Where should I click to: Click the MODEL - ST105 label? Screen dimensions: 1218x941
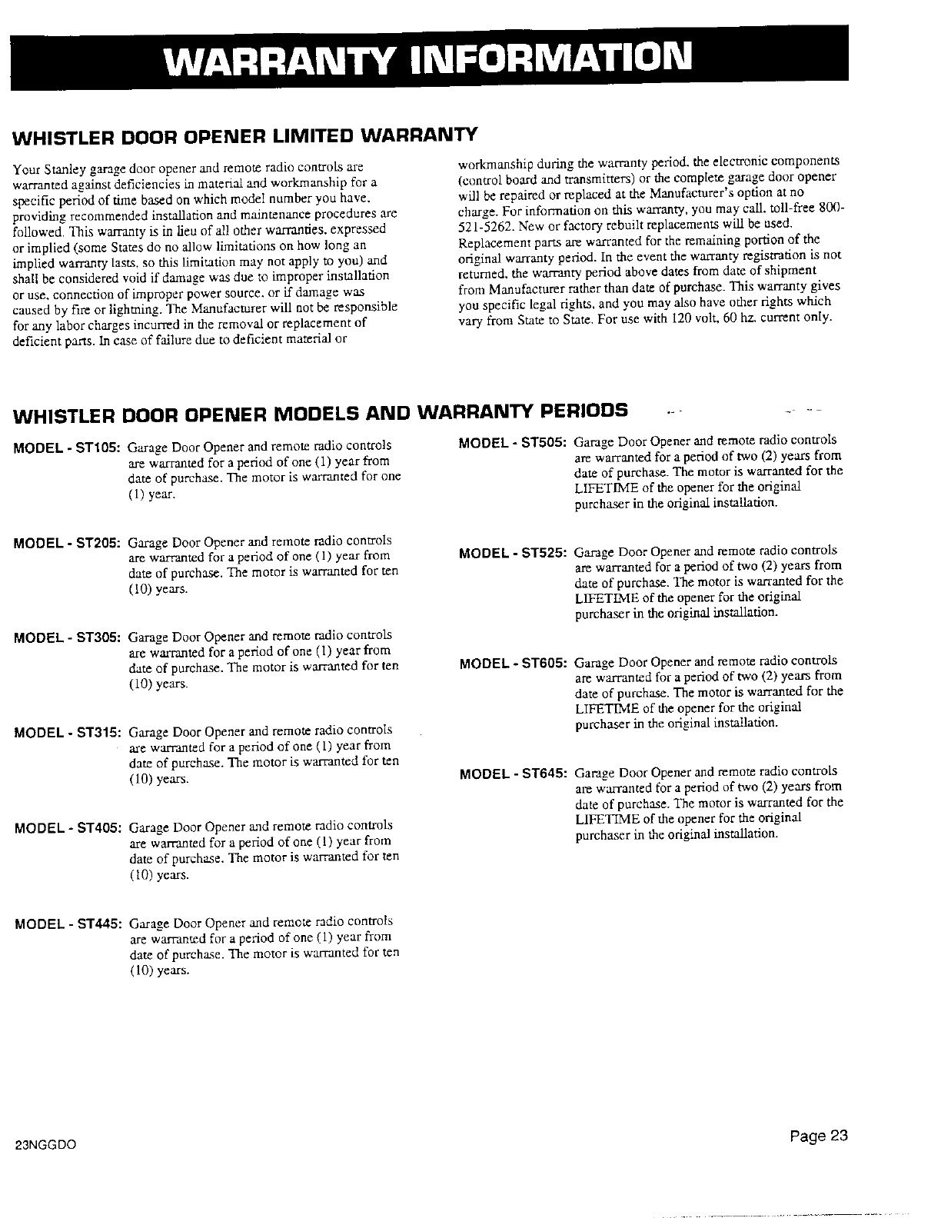click(x=67, y=446)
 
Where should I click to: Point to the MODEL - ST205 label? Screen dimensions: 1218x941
click(x=67, y=542)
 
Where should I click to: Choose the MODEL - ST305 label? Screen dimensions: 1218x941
click(x=67, y=637)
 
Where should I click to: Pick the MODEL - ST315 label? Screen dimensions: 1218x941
click(x=67, y=731)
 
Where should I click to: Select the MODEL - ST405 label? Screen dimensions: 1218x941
click(x=67, y=827)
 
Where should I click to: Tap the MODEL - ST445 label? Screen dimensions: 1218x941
click(x=67, y=923)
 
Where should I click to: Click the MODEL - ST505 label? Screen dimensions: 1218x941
click(x=513, y=442)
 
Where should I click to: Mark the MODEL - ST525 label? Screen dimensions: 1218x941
click(x=513, y=552)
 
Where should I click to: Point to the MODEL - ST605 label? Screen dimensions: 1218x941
click(x=513, y=662)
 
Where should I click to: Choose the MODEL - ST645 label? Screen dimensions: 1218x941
click(x=513, y=772)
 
